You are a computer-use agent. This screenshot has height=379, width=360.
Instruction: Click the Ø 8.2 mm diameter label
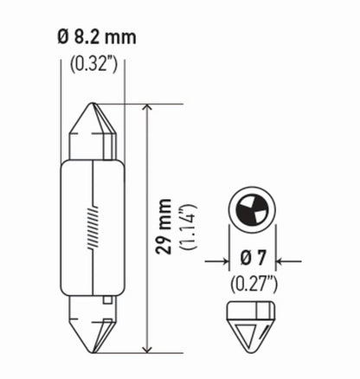tap(98, 39)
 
